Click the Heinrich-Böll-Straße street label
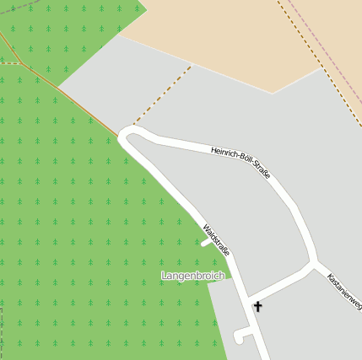pos(241,161)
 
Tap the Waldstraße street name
pos(217,239)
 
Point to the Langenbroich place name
pos(193,276)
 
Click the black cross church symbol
pos(257,307)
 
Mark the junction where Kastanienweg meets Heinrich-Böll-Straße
pos(315,263)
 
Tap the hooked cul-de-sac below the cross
pos(241,336)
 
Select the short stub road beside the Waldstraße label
pos(206,244)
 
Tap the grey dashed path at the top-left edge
pos(17,7)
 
